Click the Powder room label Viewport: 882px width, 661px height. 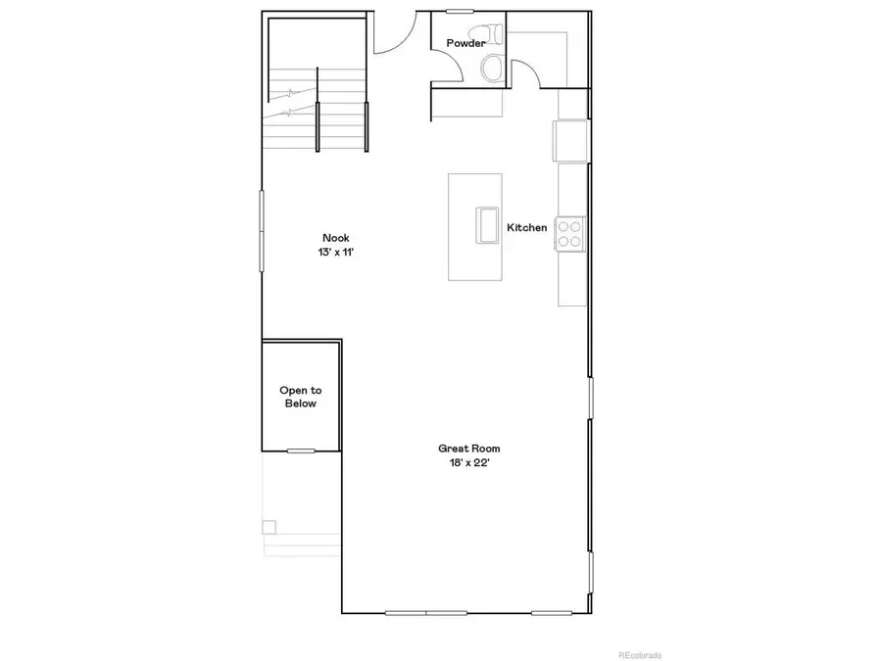tap(465, 43)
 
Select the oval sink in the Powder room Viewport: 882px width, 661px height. tap(492, 68)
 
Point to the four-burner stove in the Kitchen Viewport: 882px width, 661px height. tap(570, 233)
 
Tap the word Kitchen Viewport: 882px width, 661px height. tap(526, 228)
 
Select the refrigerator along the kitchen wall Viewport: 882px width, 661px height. tap(570, 139)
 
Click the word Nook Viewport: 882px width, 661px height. tap(335, 238)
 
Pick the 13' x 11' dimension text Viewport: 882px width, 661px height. tap(335, 251)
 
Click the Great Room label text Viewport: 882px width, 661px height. tap(463, 449)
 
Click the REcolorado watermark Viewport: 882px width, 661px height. tap(638, 654)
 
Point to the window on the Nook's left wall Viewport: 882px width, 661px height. tap(262, 229)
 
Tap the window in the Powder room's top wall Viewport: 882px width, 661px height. tap(460, 12)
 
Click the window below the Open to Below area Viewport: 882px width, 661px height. tap(301, 450)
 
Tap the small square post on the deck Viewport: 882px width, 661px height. tap(269, 527)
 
